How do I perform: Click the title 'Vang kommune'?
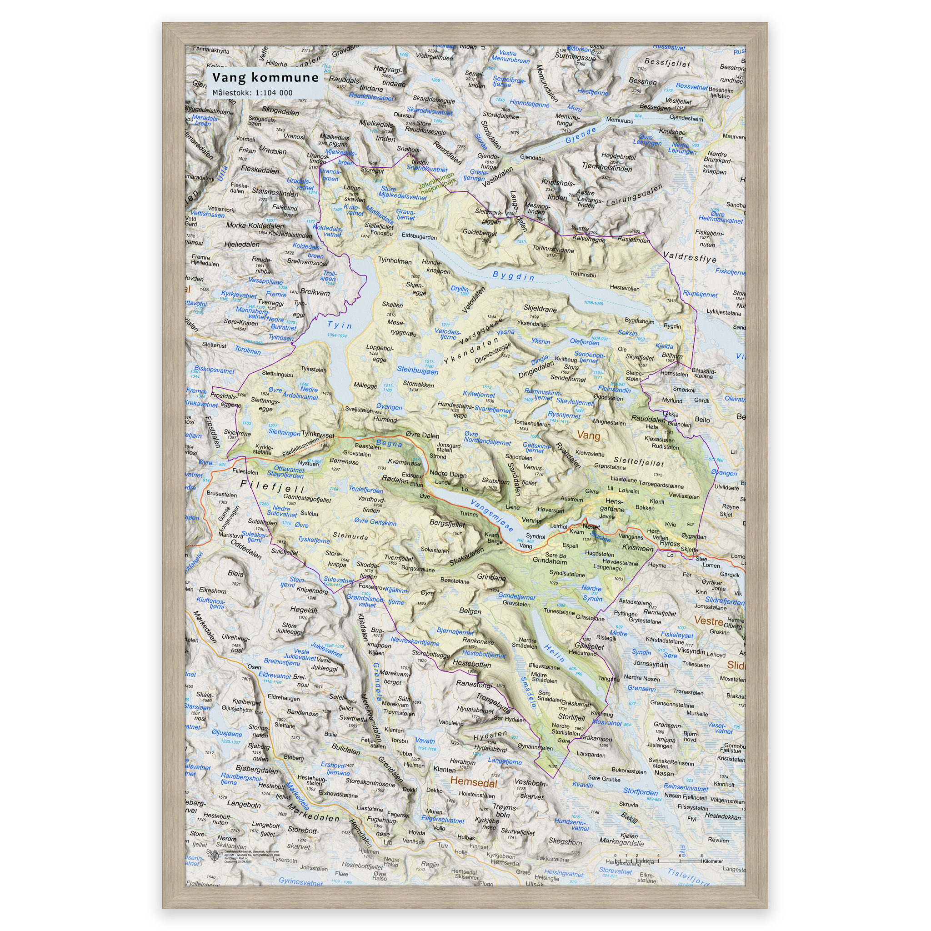[265, 78]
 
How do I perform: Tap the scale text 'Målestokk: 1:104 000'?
[252, 93]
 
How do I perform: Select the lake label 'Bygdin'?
[513, 276]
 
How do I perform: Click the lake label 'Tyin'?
[339, 325]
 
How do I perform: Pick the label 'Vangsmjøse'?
[492, 515]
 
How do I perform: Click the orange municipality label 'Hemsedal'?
[474, 781]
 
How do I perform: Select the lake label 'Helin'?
[555, 653]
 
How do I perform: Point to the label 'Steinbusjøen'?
[417, 370]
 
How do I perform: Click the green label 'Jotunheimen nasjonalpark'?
[436, 185]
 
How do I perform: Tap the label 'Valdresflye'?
[690, 257]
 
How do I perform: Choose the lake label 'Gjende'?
[581, 136]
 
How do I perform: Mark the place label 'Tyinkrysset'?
[318, 435]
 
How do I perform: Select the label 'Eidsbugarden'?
[419, 237]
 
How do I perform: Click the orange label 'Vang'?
[588, 435]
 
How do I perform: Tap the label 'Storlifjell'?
[571, 717]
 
